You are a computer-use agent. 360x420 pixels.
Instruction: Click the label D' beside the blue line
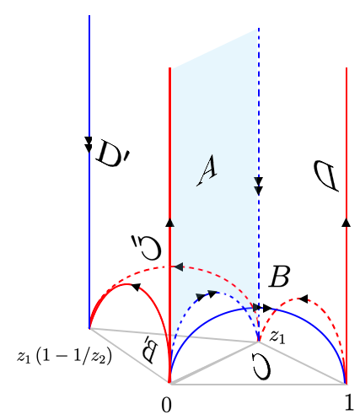[112, 153]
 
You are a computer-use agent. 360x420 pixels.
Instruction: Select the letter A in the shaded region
[207, 171]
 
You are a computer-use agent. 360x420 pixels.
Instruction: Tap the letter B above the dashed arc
[279, 276]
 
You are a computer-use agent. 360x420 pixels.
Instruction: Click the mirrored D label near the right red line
[326, 176]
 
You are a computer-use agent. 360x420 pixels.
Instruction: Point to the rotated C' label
[146, 247]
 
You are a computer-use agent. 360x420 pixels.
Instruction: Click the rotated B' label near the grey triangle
[149, 348]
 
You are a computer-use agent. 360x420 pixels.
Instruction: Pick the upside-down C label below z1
[262, 366]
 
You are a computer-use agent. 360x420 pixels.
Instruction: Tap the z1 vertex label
[277, 337]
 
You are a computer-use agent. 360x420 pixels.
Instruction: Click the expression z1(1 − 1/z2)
[64, 357]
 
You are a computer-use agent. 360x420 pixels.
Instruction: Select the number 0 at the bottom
[166, 405]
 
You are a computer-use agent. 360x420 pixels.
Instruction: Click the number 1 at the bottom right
[349, 402]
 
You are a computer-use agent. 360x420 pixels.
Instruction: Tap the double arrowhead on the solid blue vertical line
[89, 144]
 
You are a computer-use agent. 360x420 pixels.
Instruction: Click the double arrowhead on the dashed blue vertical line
[259, 186]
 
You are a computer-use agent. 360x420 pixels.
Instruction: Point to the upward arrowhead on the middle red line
[169, 222]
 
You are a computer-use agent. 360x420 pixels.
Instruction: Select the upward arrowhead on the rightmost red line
[347, 222]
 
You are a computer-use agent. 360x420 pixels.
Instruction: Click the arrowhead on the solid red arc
[137, 287]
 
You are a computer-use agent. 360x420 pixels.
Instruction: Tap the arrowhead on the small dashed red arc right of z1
[303, 299]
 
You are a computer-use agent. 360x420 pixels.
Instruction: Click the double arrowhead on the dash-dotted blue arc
[207, 296]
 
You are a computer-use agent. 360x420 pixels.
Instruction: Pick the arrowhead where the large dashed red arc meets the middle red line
[179, 267]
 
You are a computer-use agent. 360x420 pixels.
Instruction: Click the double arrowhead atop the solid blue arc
[262, 308]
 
